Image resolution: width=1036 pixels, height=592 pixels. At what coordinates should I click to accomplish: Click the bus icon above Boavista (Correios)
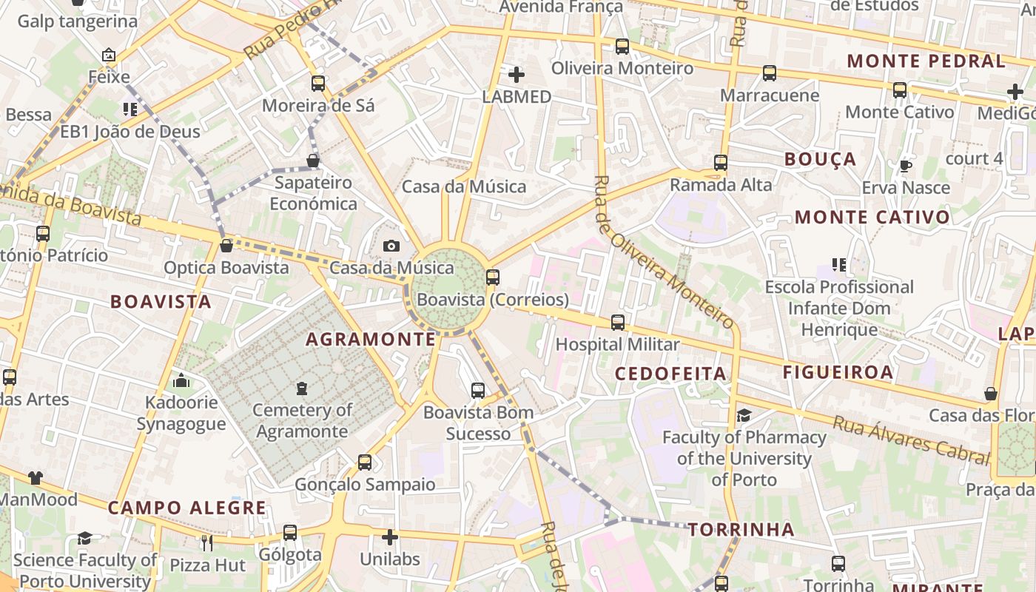(493, 277)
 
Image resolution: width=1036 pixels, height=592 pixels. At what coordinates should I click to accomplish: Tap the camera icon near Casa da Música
(391, 246)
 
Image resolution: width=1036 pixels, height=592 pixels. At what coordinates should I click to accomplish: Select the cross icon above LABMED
(517, 75)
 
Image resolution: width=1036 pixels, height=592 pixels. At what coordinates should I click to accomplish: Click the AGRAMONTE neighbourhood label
(371, 340)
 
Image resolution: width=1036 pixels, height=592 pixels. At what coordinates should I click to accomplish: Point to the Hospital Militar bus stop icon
(618, 323)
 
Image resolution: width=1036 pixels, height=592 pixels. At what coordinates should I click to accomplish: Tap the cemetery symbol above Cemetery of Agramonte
(302, 388)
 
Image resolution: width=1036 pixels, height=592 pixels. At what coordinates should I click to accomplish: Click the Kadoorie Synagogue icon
(181, 381)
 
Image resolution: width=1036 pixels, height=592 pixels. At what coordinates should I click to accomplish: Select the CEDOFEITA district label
(671, 374)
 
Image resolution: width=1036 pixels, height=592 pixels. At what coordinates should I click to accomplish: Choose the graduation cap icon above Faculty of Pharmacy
(744, 416)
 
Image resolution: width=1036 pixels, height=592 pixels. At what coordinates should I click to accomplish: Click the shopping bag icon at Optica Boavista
(226, 245)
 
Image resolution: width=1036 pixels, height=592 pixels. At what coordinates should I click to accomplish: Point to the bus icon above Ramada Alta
(721, 163)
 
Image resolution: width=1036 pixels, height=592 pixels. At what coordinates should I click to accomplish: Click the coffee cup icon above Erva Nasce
(905, 166)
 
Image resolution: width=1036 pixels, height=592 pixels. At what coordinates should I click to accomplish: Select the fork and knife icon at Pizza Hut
(207, 543)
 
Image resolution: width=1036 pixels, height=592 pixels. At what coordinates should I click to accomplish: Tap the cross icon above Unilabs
(390, 537)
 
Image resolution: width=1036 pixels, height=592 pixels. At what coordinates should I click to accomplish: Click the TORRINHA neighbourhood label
(741, 530)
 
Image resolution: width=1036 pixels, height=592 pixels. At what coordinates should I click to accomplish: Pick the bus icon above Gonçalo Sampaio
(365, 462)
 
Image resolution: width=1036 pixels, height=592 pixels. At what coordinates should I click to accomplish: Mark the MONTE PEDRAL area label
(926, 61)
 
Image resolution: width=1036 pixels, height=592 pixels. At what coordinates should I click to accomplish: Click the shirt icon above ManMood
(36, 478)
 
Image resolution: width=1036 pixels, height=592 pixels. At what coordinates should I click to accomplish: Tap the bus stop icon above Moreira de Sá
(318, 84)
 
